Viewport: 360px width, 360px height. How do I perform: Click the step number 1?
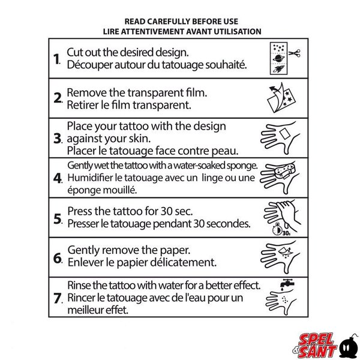(x=56, y=59)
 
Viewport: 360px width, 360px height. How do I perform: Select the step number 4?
(x=58, y=178)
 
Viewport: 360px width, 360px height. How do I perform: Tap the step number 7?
(x=58, y=297)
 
